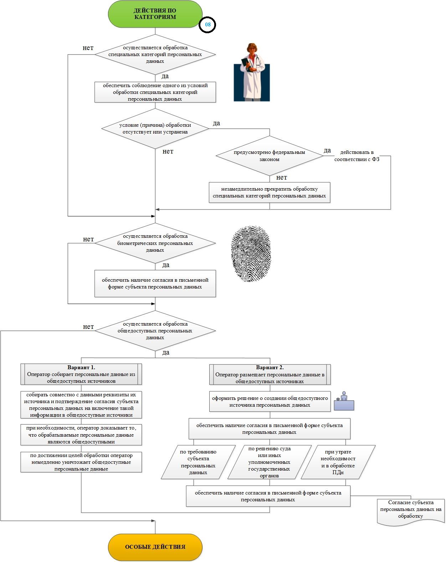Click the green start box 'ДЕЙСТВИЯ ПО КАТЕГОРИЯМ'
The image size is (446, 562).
(155, 14)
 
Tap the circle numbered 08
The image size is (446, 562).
(207, 25)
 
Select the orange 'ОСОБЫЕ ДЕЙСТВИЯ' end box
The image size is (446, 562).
(155, 547)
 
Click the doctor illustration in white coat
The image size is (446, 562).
(252, 72)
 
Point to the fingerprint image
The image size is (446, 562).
(251, 254)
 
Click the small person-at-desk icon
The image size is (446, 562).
(344, 402)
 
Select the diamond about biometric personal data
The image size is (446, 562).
(155, 243)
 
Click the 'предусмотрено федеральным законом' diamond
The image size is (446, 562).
(269, 156)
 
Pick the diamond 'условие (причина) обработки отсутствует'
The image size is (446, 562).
(155, 129)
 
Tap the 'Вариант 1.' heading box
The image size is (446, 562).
(81, 374)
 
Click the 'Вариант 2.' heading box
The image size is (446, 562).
(270, 374)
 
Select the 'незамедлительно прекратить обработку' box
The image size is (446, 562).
(269, 192)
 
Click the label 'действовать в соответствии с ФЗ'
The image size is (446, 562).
(357, 156)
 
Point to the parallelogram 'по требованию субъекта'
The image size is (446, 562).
(198, 462)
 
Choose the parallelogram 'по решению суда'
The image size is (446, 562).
(269, 462)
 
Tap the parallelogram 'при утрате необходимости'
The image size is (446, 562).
(338, 462)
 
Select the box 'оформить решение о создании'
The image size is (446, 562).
(270, 402)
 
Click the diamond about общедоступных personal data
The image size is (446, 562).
(155, 331)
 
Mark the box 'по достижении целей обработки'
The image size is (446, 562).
(81, 462)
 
